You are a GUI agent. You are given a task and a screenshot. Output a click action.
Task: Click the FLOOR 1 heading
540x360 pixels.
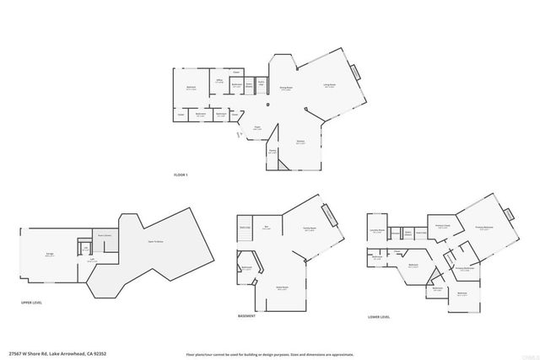click(180, 174)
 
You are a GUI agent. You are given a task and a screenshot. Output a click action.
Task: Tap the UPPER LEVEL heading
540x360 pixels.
click(31, 301)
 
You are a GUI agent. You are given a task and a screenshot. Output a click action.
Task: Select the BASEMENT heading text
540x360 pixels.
click(247, 316)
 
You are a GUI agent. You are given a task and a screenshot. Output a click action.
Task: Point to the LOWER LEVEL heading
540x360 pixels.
click(379, 316)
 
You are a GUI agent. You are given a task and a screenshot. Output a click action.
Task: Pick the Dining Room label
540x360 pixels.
click(286, 87)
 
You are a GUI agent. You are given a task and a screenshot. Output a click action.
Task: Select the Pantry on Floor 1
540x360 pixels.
click(273, 152)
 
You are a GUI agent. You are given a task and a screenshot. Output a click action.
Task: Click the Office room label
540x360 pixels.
click(219, 81)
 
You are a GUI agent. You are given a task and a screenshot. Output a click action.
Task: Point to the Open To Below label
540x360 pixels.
click(155, 242)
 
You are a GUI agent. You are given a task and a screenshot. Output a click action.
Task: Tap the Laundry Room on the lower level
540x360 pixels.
click(377, 229)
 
